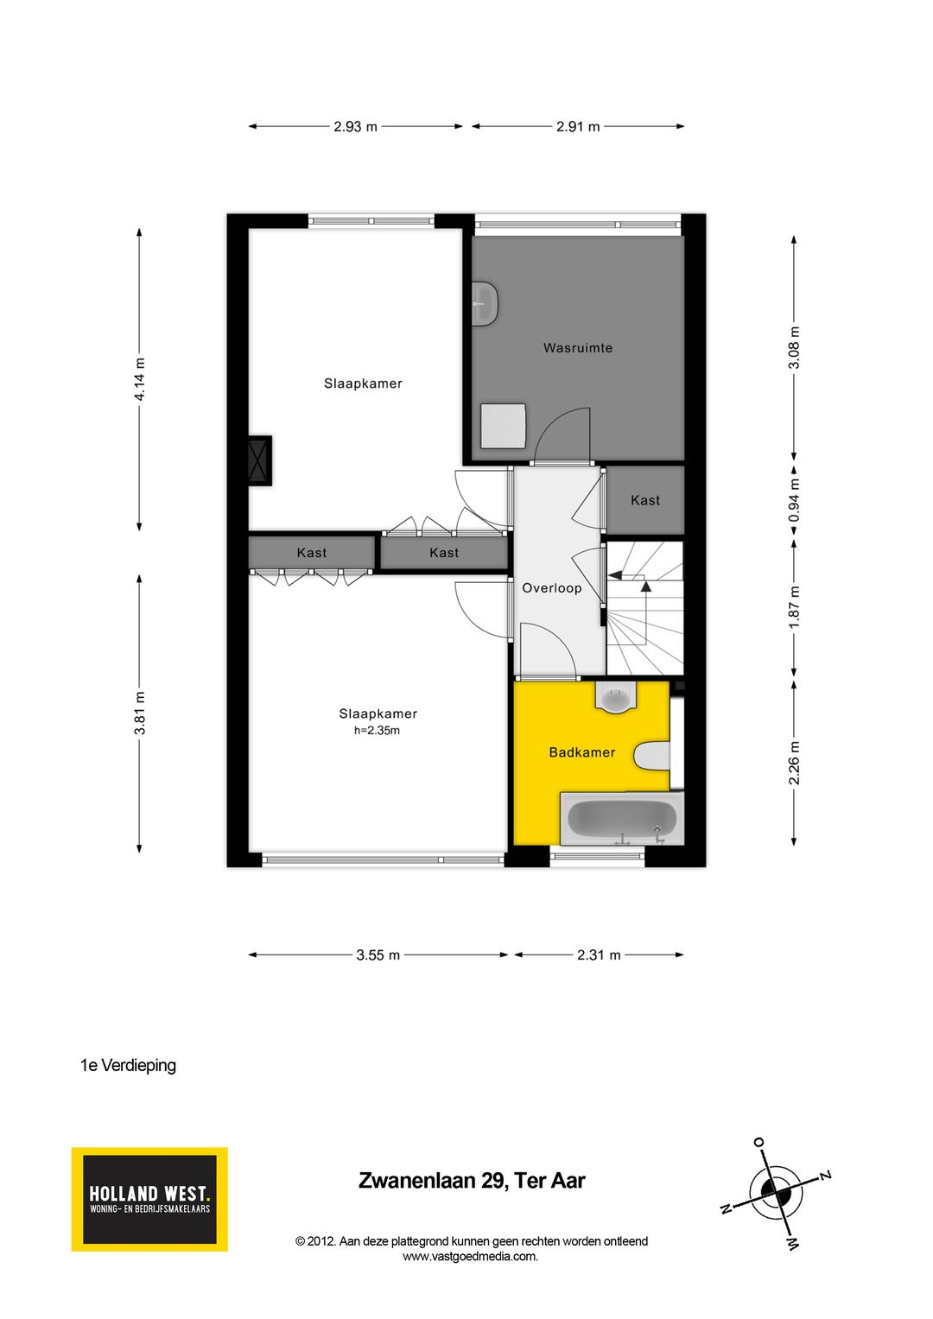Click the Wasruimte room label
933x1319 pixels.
click(x=578, y=348)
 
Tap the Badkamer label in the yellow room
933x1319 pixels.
click(x=582, y=752)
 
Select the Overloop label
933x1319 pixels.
click(x=552, y=588)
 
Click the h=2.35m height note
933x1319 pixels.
click(x=377, y=731)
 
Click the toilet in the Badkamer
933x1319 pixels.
click(x=652, y=756)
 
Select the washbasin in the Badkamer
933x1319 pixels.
click(x=616, y=697)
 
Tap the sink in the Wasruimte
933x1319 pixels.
click(x=485, y=304)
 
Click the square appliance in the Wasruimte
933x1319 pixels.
click(x=504, y=426)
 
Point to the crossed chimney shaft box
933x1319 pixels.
click(x=259, y=460)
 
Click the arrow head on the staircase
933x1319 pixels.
click(x=645, y=587)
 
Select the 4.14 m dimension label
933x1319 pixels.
click(x=139, y=379)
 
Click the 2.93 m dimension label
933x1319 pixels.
click(x=356, y=127)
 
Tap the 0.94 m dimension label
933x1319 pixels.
click(x=795, y=501)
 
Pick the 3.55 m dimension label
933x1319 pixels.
click(x=378, y=955)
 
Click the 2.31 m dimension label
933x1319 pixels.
click(x=599, y=955)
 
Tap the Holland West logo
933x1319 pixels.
click(x=149, y=1199)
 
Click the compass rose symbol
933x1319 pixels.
click(x=776, y=1194)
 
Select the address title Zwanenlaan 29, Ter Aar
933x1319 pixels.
click(x=472, y=1181)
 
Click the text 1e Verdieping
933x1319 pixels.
click(x=128, y=1066)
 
